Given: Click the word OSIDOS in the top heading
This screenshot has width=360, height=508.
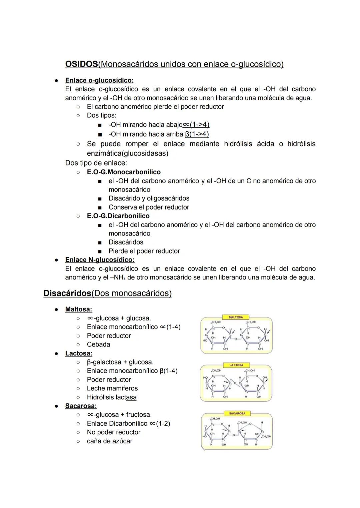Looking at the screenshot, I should (x=82, y=64).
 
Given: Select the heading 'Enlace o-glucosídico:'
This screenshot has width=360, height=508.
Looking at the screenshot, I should (x=99, y=80).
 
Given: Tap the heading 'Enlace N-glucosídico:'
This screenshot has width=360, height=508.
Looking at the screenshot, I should (x=100, y=259).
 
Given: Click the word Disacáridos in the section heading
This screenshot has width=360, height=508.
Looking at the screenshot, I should (x=67, y=293).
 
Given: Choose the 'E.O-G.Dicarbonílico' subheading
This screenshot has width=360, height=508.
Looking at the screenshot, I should (x=118, y=216).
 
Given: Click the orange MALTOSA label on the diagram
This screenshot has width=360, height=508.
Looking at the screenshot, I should (x=236, y=317).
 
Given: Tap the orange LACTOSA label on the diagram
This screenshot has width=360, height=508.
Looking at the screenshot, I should (x=236, y=365).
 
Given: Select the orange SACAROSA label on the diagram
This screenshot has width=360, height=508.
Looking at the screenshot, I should (x=237, y=413).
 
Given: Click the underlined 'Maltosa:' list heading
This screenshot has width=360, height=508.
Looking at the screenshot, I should (x=79, y=309).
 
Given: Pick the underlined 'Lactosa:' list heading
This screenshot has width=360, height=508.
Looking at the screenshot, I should (x=79, y=353).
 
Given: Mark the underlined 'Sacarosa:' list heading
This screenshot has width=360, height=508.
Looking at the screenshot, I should (x=81, y=406).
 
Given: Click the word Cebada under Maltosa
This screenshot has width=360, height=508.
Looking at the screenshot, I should (x=98, y=344).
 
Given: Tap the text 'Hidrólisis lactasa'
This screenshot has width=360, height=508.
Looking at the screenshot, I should (x=112, y=397).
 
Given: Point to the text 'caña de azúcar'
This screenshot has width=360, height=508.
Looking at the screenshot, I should (x=110, y=441).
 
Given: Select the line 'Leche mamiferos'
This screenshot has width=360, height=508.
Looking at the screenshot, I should (x=112, y=388).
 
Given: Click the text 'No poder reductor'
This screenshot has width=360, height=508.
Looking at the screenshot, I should (x=114, y=432).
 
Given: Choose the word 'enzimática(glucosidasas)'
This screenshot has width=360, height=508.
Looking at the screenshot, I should (x=127, y=153).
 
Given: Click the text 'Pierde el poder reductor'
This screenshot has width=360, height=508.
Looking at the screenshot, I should (x=144, y=251).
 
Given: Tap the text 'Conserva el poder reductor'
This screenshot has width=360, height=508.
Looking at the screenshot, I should (x=149, y=207).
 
